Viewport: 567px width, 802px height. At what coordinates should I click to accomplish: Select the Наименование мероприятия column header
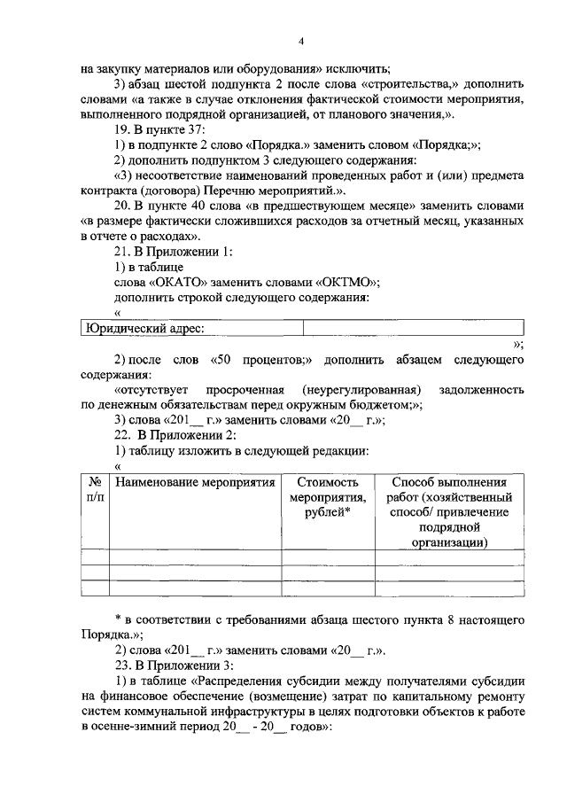(x=193, y=483)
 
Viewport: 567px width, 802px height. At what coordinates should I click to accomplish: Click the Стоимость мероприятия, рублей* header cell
(x=327, y=499)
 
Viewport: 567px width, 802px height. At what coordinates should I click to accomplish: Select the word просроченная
(x=245, y=390)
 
